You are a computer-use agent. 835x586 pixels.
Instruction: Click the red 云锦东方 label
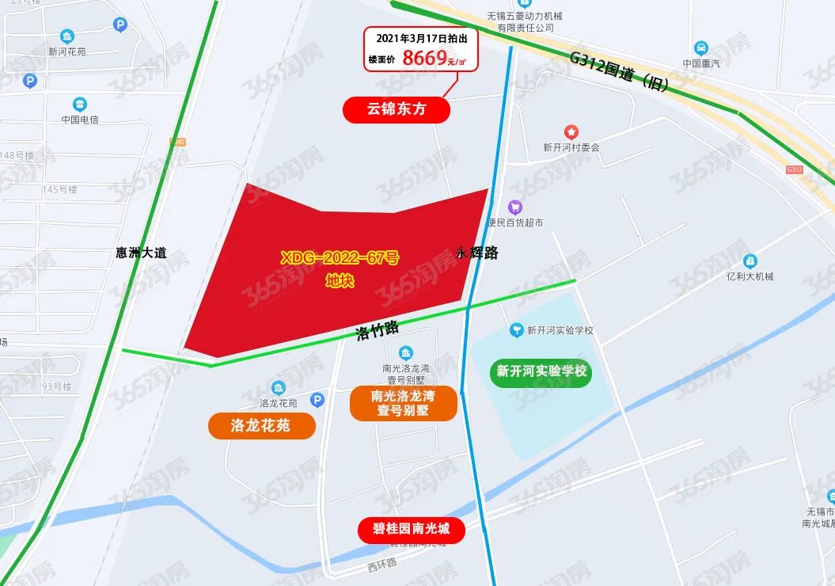pyautogui.click(x=396, y=109)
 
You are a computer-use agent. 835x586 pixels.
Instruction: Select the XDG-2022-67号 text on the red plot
pyautogui.click(x=340, y=257)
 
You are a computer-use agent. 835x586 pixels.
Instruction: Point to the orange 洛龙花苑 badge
pyautogui.click(x=260, y=426)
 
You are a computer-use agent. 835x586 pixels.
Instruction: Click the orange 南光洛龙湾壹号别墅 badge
pyautogui.click(x=403, y=403)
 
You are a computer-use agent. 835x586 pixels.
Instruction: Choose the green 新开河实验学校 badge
pyautogui.click(x=541, y=371)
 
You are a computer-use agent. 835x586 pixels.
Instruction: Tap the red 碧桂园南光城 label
pyautogui.click(x=411, y=528)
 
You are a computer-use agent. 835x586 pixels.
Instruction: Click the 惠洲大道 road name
pyautogui.click(x=141, y=253)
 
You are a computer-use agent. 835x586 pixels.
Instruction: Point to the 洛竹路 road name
pyautogui.click(x=377, y=329)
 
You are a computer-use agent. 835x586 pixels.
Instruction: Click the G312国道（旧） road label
pyautogui.click(x=622, y=71)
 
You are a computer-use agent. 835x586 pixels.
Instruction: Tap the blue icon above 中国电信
pyautogui.click(x=79, y=104)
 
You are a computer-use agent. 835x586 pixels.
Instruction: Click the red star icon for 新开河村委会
pyautogui.click(x=571, y=131)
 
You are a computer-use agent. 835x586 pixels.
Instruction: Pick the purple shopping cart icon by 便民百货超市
pyautogui.click(x=515, y=207)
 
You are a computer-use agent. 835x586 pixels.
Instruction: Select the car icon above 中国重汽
pyautogui.click(x=700, y=48)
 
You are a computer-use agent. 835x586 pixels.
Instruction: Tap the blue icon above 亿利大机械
pyautogui.click(x=750, y=261)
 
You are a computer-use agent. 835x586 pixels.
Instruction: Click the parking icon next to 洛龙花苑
pyautogui.click(x=317, y=401)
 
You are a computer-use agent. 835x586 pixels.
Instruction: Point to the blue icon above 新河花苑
pyautogui.click(x=67, y=36)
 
